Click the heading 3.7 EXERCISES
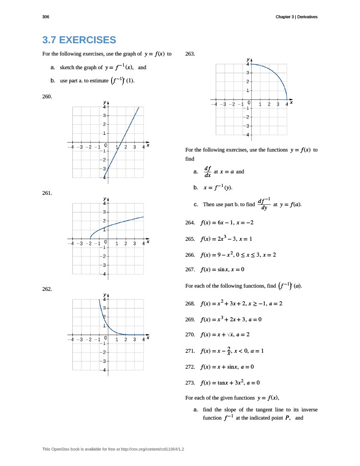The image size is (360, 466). coord(79,40)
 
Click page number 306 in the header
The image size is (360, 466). coord(46,17)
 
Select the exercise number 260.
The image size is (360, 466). coord(47,96)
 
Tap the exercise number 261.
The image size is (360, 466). coord(47,193)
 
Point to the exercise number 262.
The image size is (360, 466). coord(47,289)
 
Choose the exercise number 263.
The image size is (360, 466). coord(190,54)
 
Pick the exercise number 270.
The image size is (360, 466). coord(190,334)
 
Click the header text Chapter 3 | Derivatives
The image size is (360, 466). coord(296,17)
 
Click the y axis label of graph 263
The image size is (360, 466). coord(248,59)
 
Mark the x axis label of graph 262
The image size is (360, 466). coord(148,338)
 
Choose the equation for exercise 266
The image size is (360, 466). coord(238,255)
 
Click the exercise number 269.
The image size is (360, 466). coord(190,319)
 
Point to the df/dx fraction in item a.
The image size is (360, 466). coord(208,172)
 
